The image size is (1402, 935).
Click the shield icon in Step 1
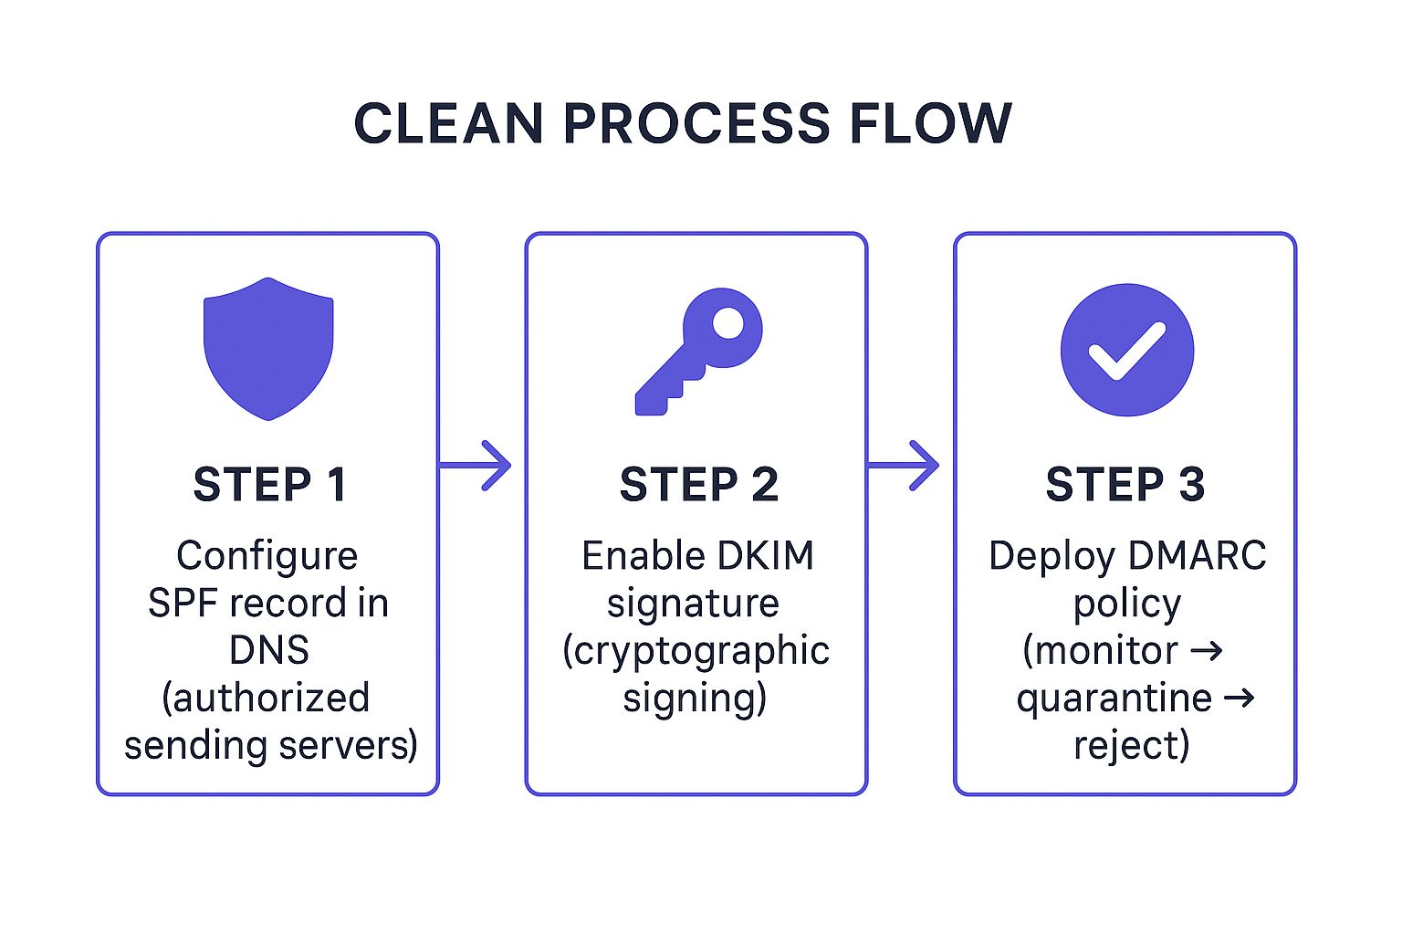268,349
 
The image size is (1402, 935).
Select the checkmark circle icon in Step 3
1126,350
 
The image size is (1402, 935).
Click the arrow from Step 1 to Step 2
476,466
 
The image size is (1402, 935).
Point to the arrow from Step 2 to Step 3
904,466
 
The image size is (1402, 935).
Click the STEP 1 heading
269,485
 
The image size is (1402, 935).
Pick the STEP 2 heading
698,485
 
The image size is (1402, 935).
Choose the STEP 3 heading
1125,485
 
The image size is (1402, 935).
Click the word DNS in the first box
269,650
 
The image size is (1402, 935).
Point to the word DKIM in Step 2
765,555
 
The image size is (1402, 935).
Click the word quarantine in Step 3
1114,699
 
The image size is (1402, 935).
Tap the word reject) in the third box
1131,745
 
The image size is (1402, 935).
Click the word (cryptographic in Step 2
696,651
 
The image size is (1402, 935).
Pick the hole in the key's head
727,322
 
